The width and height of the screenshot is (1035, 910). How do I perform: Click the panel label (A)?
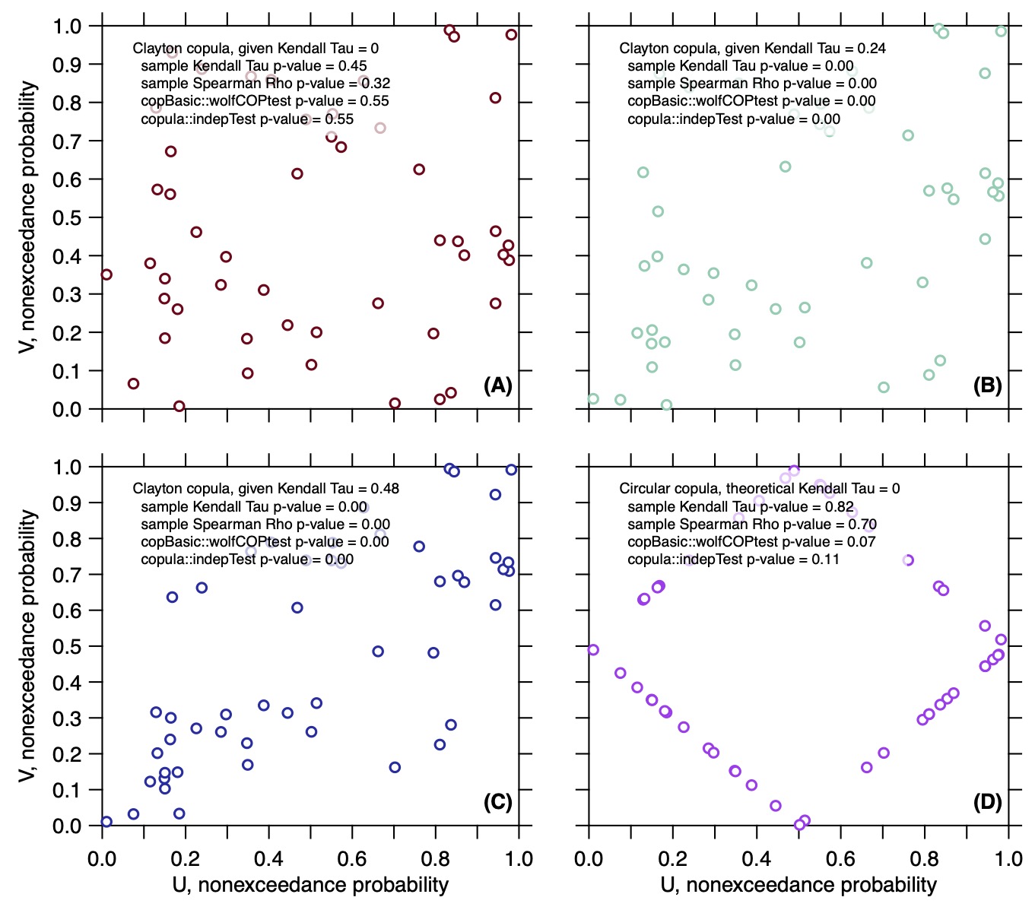click(497, 385)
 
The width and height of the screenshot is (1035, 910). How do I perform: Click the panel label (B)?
click(987, 385)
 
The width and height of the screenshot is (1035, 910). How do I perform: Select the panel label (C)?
click(497, 802)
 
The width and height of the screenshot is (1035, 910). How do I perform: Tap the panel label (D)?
click(987, 802)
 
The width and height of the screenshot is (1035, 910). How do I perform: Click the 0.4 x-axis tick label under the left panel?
click(268, 859)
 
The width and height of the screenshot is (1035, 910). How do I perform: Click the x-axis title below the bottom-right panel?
click(798, 886)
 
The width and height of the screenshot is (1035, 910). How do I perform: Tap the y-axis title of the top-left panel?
click(27, 217)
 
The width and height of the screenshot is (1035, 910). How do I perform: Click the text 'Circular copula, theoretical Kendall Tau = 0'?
click(760, 489)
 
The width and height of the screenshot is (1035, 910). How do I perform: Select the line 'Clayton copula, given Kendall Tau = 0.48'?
click(265, 489)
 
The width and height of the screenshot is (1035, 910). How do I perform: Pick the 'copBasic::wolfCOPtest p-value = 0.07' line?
click(751, 542)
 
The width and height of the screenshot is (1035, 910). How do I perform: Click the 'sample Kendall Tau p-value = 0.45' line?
click(254, 66)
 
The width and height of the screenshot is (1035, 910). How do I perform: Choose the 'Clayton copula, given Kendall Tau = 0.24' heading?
click(753, 49)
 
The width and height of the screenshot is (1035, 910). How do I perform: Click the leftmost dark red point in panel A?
click(106, 274)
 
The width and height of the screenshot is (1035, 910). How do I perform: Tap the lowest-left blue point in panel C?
click(106, 822)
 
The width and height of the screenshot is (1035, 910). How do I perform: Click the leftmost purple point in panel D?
click(592, 649)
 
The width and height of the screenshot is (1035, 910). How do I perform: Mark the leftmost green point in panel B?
click(592, 399)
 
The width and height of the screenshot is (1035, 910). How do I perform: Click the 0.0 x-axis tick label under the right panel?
click(589, 859)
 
